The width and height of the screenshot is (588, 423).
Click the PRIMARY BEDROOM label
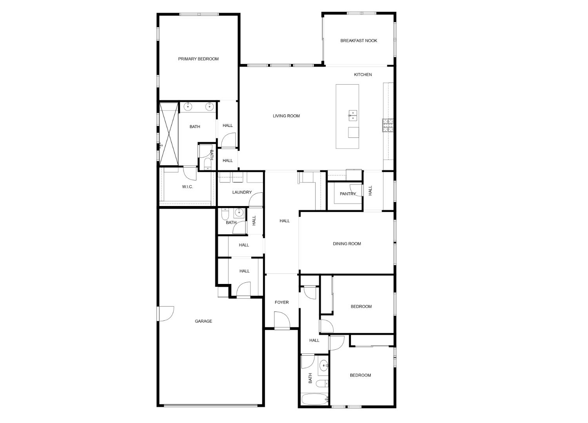pyautogui.click(x=198, y=59)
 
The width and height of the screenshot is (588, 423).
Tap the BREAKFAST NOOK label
pyautogui.click(x=359, y=41)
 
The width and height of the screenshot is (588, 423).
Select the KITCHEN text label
pyautogui.click(x=363, y=75)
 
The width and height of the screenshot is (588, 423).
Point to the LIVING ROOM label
pyautogui.click(x=286, y=116)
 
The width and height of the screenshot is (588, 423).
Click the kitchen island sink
pyautogui.click(x=353, y=115)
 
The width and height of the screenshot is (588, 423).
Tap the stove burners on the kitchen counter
pyautogui.click(x=388, y=125)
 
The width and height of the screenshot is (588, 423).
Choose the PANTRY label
pyautogui.click(x=347, y=194)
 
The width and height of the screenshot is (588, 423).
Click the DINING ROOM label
pyautogui.click(x=347, y=244)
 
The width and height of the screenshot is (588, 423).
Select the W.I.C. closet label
pyautogui.click(x=187, y=187)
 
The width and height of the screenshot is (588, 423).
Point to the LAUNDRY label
pyautogui.click(x=242, y=192)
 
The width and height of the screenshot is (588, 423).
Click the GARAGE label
pyautogui.click(x=203, y=321)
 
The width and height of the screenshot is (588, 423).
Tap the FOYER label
pyautogui.click(x=281, y=302)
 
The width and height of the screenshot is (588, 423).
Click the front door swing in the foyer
pyautogui.click(x=281, y=320)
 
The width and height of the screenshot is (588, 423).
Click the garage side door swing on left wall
pyautogui.click(x=166, y=313)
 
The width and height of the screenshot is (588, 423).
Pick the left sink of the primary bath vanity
pyautogui.click(x=188, y=106)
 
